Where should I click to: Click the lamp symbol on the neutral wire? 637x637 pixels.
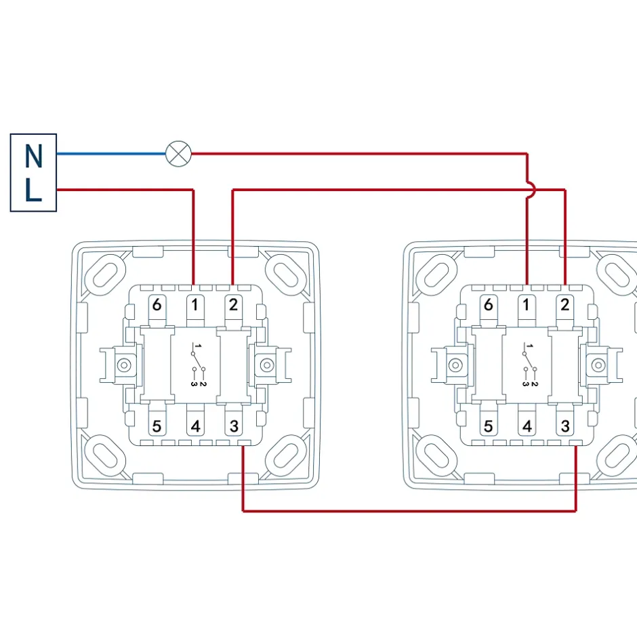pos(179,153)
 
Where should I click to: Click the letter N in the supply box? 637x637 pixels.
pos(33,157)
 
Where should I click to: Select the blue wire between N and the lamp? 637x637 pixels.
pos(112,153)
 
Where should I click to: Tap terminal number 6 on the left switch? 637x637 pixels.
pos(157,305)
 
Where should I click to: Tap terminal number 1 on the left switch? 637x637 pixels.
pos(194,305)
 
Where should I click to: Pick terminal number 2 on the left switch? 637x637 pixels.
pos(233,305)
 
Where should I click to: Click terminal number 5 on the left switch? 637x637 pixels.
pos(157,427)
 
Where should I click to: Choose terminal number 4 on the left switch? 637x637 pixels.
pos(194,427)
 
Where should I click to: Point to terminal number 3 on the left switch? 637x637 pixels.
pos(234,427)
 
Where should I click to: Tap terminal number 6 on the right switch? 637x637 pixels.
pos(489,305)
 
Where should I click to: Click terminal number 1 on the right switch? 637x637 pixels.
pos(527,305)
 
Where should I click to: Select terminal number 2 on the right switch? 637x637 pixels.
pos(564,305)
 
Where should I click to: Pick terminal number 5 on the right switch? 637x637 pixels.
pos(489,427)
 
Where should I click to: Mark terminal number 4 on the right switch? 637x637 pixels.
pos(527,427)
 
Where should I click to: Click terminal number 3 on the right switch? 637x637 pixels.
pos(565,427)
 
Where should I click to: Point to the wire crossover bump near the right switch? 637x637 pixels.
pos(531,190)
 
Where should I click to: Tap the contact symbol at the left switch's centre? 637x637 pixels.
pos(196,366)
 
